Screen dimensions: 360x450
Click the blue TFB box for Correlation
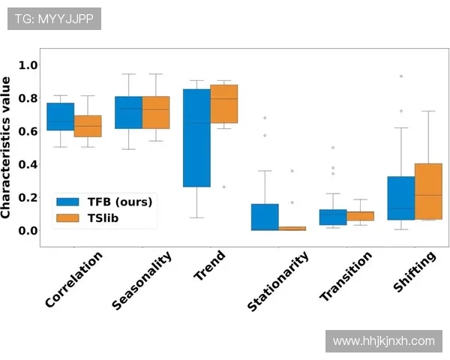60,116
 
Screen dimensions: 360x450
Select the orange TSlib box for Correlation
88,125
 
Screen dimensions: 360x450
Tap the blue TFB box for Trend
196,138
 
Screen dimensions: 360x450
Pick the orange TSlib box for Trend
224,105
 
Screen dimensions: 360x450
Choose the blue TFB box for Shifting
401,198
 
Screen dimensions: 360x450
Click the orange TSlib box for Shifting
429,191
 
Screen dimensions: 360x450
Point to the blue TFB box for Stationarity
265,217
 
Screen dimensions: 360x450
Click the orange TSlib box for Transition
361,216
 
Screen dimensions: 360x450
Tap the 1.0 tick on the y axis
28,65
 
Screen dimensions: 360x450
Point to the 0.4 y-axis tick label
28,164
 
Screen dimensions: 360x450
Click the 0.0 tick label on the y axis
28,230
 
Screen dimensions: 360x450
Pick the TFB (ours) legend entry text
120,202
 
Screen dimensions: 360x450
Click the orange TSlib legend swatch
68,217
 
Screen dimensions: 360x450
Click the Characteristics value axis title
7,147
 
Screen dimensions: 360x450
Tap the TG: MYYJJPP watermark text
54,18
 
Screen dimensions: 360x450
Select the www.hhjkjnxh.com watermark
383,341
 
